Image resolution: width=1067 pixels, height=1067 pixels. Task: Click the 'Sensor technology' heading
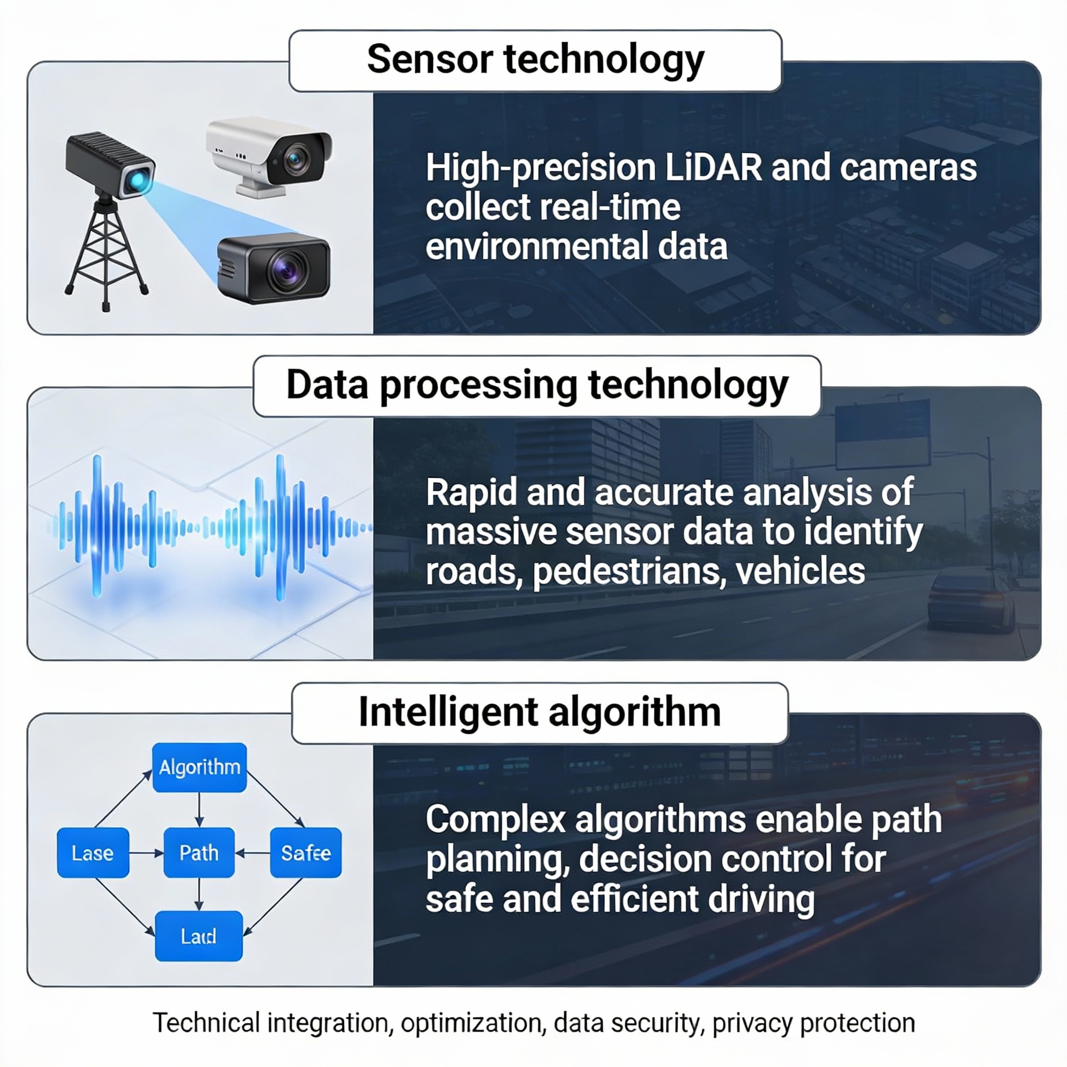535,59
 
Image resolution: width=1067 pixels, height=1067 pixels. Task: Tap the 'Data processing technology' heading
537,386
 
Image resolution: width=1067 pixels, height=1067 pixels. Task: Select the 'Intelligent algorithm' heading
540,712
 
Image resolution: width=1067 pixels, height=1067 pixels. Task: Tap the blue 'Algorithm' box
200,767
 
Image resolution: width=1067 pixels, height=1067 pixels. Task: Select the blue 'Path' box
199,853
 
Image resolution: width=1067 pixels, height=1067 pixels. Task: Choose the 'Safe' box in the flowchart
305,853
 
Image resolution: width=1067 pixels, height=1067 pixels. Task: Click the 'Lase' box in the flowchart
93,853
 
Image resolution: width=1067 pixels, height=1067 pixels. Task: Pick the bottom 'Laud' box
199,936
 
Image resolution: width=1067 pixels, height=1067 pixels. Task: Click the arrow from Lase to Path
146,853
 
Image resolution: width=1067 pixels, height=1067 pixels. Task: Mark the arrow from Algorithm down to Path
200,810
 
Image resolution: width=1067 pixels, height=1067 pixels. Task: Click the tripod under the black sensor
105,249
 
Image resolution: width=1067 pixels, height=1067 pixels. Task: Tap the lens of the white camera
296,159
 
